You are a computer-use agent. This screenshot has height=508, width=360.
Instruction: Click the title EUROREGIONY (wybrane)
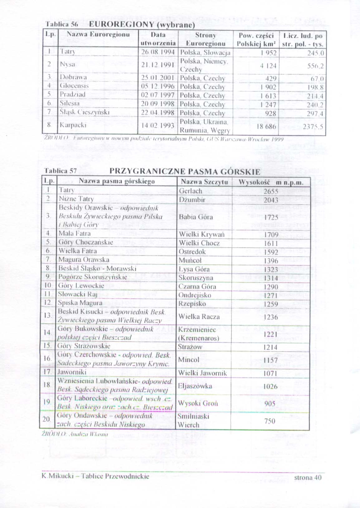[142, 25]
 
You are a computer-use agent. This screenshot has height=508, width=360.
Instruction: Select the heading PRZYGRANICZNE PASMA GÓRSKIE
[185, 171]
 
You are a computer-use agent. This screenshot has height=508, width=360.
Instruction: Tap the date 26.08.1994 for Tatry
[158, 52]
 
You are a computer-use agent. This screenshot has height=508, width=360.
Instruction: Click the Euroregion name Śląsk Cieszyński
[85, 112]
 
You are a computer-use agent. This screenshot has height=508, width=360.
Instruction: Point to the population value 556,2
[315, 66]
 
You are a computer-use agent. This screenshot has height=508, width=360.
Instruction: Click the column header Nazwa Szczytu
[204, 182]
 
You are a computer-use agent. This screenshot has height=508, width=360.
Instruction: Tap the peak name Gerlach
[191, 191]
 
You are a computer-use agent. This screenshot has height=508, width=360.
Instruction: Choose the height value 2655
[270, 191]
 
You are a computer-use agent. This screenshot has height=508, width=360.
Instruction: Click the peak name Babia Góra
[196, 217]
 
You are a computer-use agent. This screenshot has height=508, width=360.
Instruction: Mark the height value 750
[270, 421]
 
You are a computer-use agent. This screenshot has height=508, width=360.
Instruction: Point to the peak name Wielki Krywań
[202, 234]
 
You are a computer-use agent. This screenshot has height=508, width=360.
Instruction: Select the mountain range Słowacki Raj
[78, 294]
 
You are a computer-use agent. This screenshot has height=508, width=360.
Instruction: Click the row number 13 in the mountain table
[48, 315]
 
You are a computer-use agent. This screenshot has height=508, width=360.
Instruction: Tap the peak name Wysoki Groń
[198, 403]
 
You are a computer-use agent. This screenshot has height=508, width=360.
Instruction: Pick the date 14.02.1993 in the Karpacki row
[158, 126]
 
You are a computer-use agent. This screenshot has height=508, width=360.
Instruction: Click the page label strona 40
[308, 477]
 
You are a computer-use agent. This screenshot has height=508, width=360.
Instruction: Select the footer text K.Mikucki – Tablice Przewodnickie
[95, 476]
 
